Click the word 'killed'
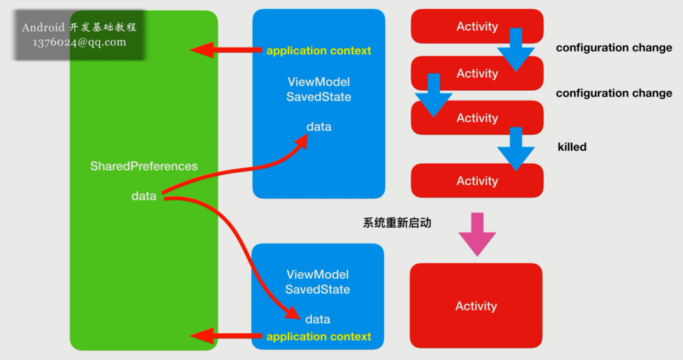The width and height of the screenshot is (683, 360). (x=571, y=147)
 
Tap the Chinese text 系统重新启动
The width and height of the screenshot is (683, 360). (x=397, y=223)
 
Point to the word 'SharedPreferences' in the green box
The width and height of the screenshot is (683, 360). (x=144, y=167)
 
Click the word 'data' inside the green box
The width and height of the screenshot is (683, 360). (x=144, y=196)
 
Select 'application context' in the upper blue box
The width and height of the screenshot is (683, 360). (x=319, y=51)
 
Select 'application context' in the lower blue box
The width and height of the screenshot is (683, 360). (x=319, y=337)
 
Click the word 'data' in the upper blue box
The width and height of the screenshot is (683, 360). (x=319, y=127)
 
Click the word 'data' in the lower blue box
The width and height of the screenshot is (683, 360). (x=317, y=319)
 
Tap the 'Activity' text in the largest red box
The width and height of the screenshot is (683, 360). (x=476, y=306)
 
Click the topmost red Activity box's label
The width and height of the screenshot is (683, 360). (x=476, y=27)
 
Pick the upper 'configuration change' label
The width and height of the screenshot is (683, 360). (x=613, y=48)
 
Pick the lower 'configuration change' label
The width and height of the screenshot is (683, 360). (x=613, y=94)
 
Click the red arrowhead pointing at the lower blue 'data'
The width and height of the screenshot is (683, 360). (x=292, y=315)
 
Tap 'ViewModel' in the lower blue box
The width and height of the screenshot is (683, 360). (x=317, y=275)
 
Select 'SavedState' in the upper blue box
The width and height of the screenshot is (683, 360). (x=319, y=97)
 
